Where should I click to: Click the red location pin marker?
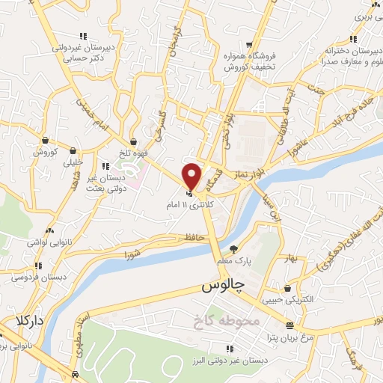coord(192,176)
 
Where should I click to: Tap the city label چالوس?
coord(222,287)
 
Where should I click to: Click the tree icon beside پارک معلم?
coord(234,249)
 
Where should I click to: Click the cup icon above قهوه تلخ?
coord(133,141)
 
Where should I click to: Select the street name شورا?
coord(132,254)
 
